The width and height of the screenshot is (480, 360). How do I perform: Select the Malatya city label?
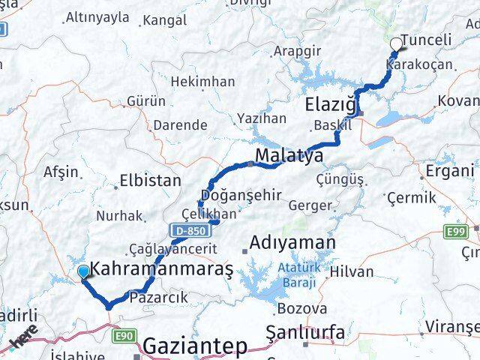pyautogui.click(x=289, y=156)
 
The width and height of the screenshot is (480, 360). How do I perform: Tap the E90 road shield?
pyautogui.click(x=124, y=337)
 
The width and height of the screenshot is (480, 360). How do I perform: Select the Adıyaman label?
pyautogui.click(x=292, y=243)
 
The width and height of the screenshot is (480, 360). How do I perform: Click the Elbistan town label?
pyautogui.click(x=151, y=181)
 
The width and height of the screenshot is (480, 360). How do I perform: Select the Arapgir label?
pyautogui.click(x=297, y=51)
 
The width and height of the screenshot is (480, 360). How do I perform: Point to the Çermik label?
pyautogui.click(x=410, y=197)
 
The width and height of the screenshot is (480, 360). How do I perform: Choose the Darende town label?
pyautogui.click(x=179, y=125)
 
